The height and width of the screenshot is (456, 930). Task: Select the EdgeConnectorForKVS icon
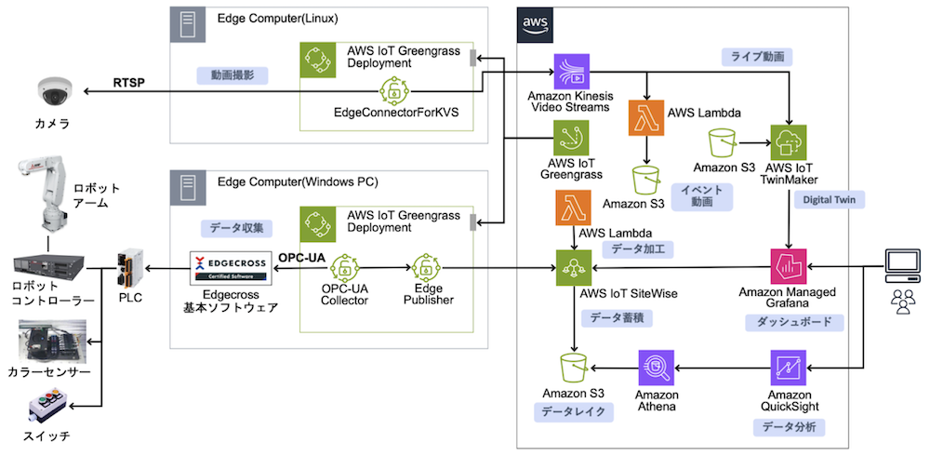(x=395, y=92)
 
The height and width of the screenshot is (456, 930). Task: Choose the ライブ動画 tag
(x=756, y=57)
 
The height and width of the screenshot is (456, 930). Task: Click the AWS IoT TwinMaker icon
(x=788, y=142)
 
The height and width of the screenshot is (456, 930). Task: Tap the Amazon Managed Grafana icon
(x=788, y=267)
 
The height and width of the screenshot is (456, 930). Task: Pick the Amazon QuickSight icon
(x=788, y=368)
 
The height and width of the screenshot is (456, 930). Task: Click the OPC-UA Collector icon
(x=346, y=269)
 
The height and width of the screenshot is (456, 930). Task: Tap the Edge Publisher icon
(x=429, y=269)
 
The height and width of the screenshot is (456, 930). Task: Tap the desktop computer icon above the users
(x=902, y=266)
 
